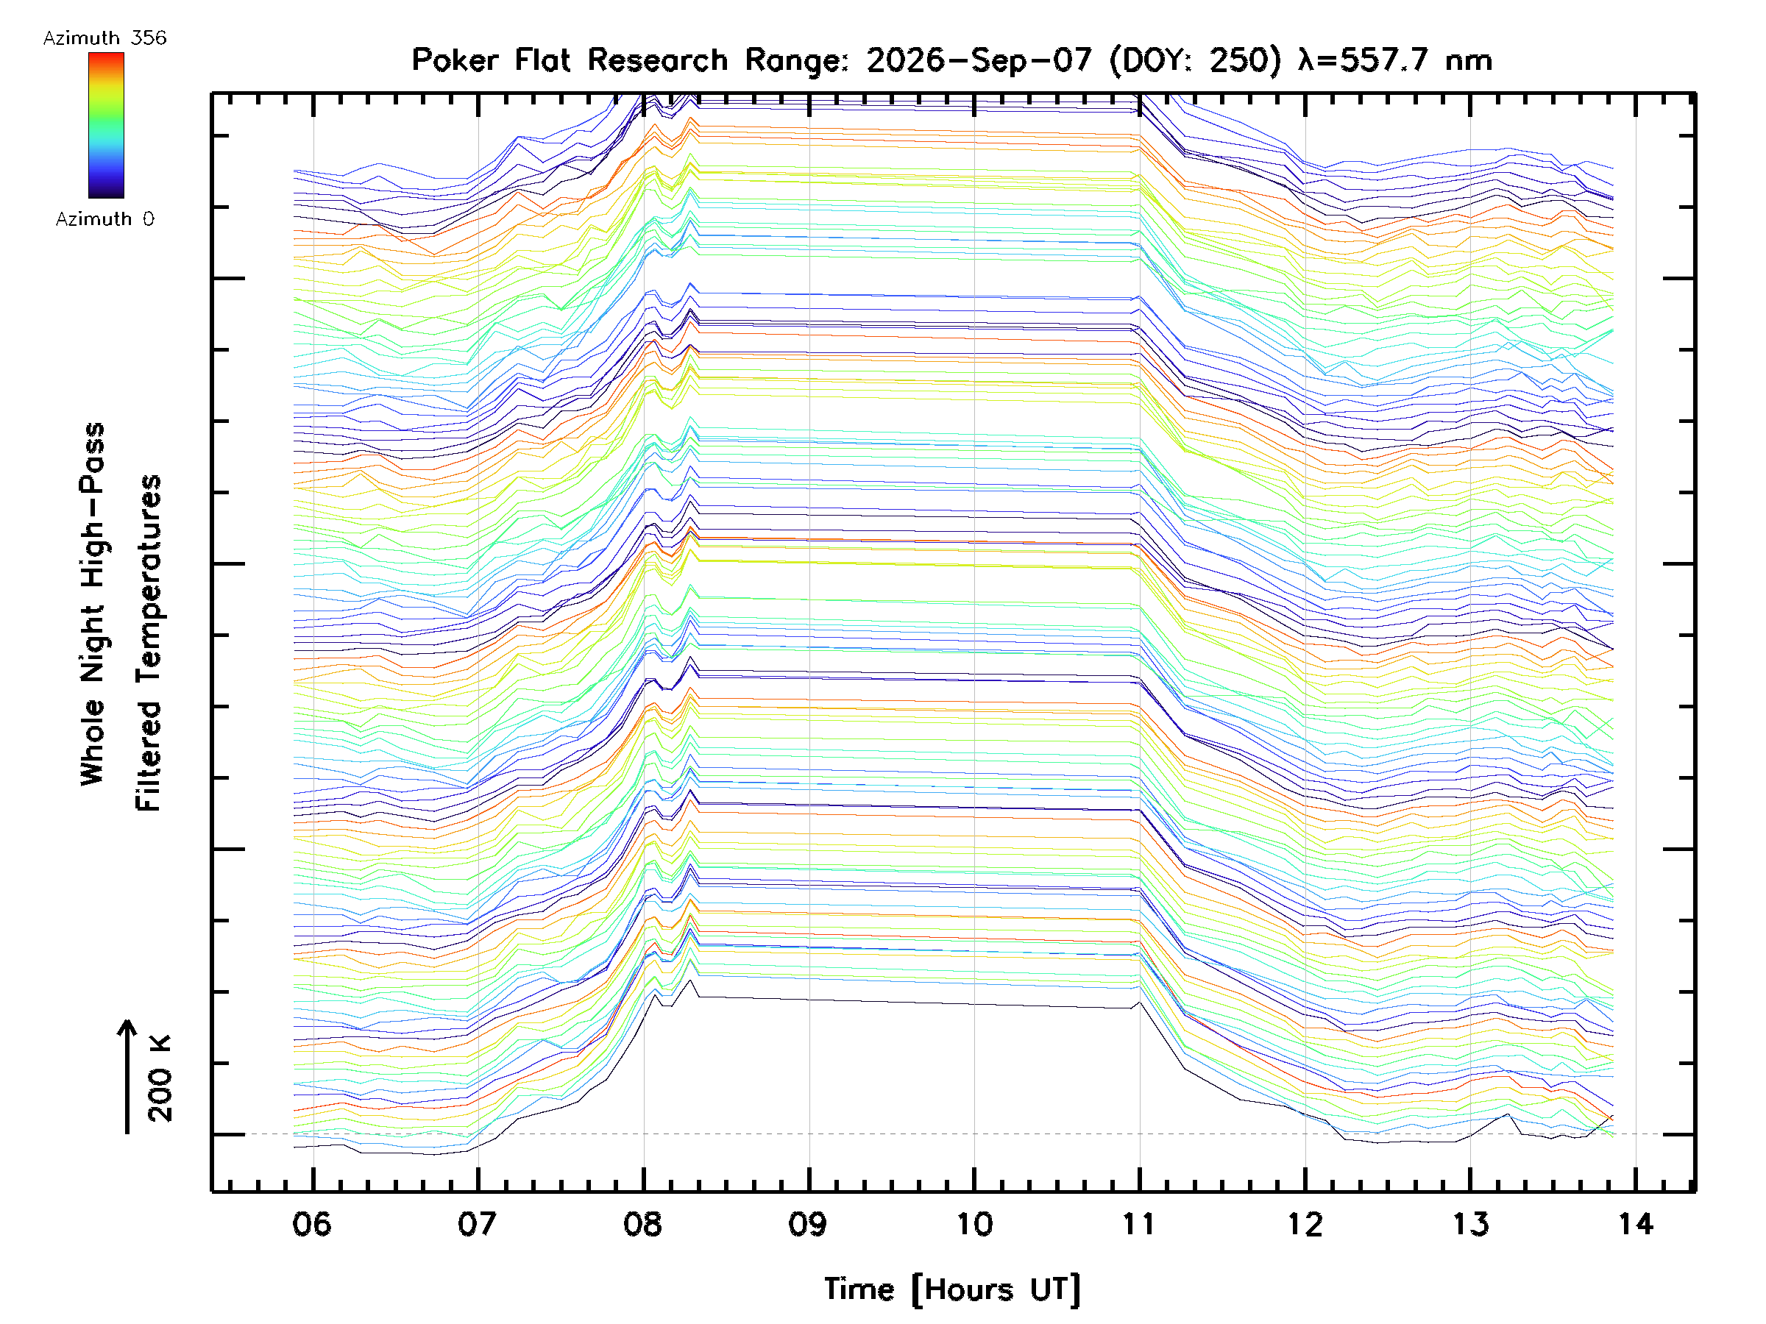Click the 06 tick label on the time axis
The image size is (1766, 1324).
point(311,1223)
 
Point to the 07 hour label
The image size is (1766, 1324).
point(477,1223)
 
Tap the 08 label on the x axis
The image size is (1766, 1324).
point(642,1223)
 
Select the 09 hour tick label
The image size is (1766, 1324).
point(808,1223)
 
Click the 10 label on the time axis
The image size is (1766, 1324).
point(974,1223)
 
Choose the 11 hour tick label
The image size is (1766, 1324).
point(1139,1223)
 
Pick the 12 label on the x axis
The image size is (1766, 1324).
point(1305,1223)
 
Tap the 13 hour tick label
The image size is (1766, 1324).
point(1469,1223)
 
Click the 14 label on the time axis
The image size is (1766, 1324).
point(1635,1223)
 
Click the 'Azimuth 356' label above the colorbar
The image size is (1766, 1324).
point(104,38)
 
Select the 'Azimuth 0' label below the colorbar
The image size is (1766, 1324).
point(104,218)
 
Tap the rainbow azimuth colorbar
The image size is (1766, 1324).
point(106,125)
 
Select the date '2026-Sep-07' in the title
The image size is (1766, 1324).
point(979,60)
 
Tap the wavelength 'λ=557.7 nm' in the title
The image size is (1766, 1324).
point(1394,60)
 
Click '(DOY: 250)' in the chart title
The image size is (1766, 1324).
point(1196,60)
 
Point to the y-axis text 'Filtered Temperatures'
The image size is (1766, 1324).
point(149,642)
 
